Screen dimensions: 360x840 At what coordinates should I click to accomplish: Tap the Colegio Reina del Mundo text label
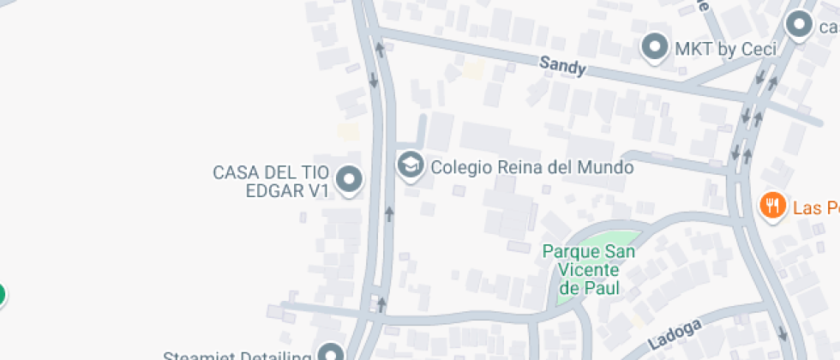531,167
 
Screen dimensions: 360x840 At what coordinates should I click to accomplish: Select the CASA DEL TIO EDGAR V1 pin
349,180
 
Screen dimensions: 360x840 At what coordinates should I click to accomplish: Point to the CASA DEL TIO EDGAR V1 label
272,182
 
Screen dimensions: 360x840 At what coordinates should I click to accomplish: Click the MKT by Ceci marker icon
656,46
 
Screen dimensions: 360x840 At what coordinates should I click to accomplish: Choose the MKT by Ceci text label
725,49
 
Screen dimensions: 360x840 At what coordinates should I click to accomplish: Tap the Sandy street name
562,66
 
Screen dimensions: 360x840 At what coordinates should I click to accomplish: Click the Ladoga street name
675,333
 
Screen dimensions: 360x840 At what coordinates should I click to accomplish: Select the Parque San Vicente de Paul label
589,269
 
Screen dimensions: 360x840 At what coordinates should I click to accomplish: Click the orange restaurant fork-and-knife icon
773,206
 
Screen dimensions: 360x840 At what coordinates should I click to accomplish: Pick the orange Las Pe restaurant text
814,207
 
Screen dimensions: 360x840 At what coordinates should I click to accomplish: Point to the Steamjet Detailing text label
237,355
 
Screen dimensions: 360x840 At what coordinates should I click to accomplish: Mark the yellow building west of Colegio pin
347,131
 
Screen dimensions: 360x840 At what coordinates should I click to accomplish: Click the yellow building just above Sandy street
473,70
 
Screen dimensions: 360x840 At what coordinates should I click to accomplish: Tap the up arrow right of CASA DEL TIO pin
389,213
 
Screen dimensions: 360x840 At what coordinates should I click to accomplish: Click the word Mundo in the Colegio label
604,167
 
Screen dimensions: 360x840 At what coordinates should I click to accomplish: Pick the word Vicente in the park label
589,269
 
